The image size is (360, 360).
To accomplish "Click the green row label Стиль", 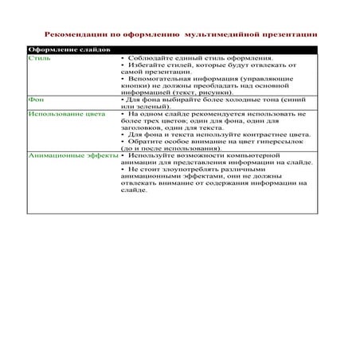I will pos(37,59).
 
